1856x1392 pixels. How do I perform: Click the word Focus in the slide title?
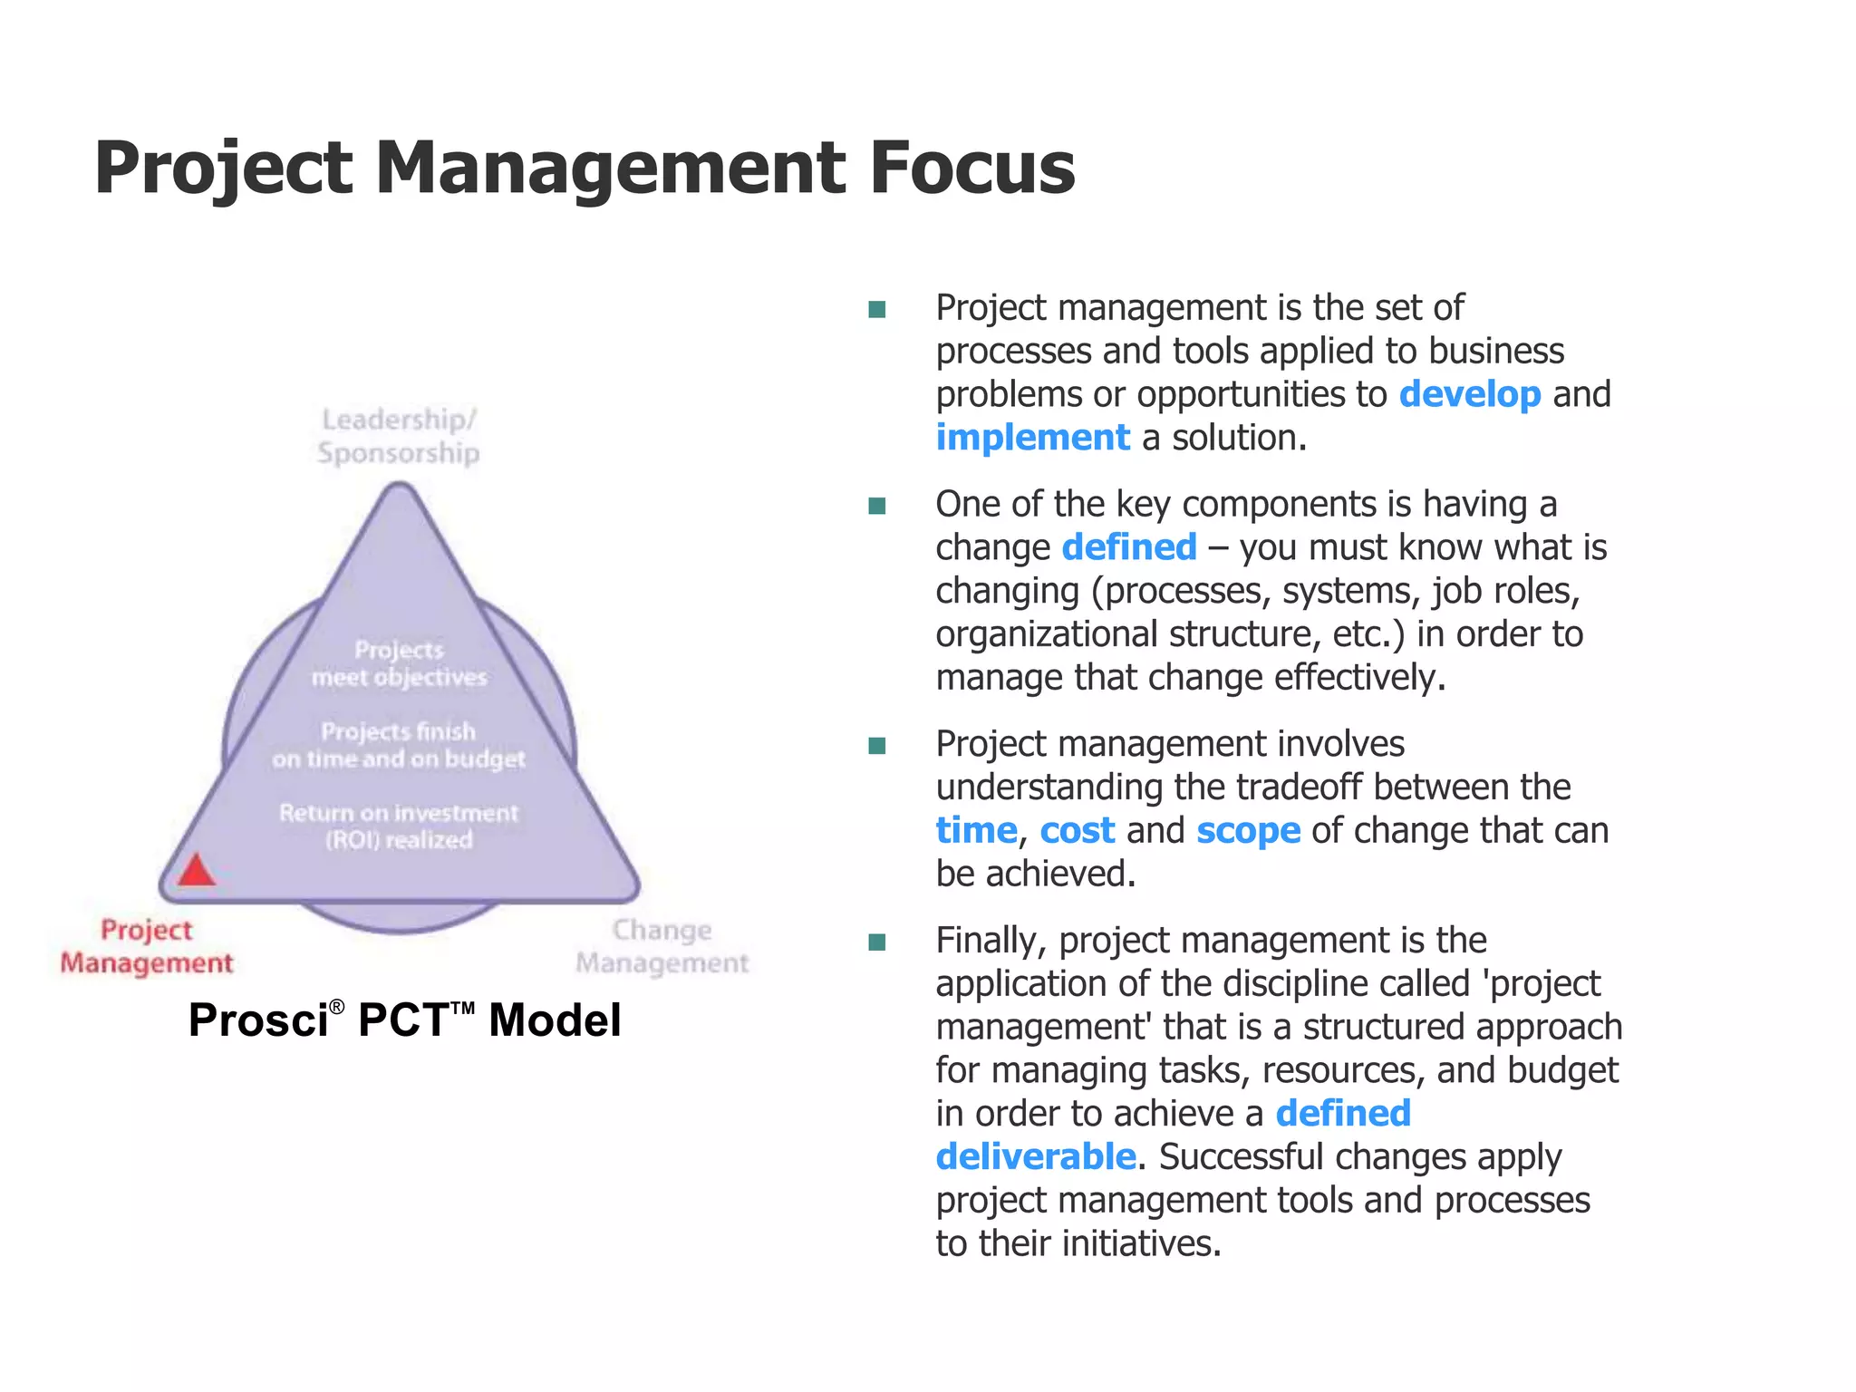tap(971, 169)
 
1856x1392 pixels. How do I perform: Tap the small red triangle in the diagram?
tap(196, 871)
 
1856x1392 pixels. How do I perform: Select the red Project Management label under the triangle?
tap(147, 946)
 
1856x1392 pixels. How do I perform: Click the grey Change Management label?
tap(662, 946)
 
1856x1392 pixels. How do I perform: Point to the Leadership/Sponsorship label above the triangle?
tap(399, 436)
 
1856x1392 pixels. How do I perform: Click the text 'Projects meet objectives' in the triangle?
tap(399, 663)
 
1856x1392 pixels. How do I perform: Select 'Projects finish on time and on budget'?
tap(399, 745)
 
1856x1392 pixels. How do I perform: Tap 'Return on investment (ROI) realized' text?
tap(399, 826)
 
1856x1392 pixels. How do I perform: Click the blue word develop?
tap(1469, 395)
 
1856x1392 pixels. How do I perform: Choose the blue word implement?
tap(1032, 439)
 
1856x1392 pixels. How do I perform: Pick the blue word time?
tap(976, 831)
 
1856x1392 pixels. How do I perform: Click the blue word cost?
tap(1077, 831)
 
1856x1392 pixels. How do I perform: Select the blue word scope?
tap(1248, 831)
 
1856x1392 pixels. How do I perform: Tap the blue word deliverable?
tap(1035, 1157)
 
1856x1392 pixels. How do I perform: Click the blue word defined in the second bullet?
tap(1128, 547)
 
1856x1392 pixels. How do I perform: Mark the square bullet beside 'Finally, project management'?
tap(876, 942)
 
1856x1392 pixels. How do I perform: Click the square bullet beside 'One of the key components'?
tap(876, 506)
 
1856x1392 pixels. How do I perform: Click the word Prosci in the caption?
tap(257, 1020)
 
